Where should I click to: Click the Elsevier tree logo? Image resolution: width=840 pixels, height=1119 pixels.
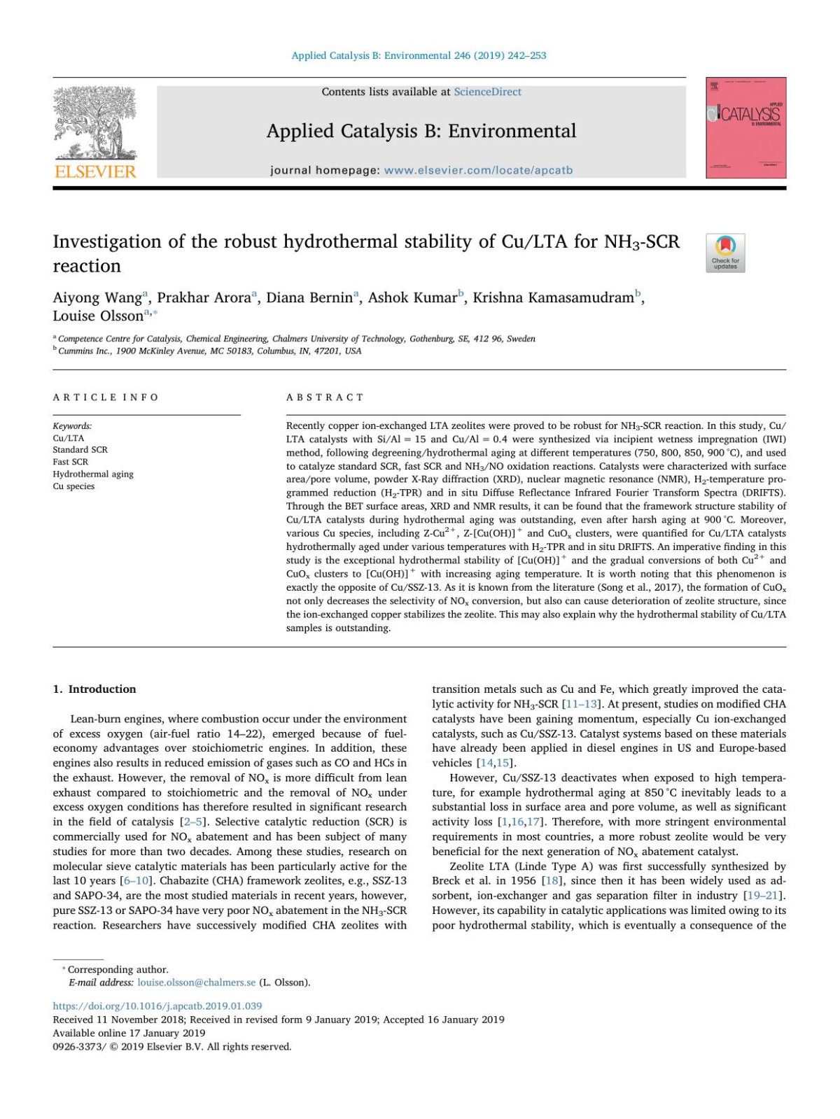point(96,122)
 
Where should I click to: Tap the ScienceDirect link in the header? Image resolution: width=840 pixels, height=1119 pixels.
point(487,92)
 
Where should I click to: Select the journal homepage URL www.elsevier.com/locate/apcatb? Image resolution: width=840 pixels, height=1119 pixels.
point(478,170)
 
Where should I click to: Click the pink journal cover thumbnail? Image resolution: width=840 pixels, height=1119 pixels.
point(745,127)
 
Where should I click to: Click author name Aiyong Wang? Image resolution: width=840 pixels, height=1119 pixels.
point(97,297)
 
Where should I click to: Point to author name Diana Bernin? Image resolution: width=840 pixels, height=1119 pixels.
point(309,297)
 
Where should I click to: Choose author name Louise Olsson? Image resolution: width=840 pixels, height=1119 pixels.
point(98,316)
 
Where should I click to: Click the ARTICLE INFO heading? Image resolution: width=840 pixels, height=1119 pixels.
point(106,397)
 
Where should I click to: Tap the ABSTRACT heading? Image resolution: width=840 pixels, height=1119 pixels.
point(325,397)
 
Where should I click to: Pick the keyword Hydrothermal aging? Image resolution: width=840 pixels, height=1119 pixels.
point(93,474)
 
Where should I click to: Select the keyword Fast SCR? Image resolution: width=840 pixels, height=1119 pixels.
point(71,462)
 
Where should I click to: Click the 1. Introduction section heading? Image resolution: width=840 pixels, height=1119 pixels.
point(94,689)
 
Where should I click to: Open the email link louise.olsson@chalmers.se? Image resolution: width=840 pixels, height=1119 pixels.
point(197,983)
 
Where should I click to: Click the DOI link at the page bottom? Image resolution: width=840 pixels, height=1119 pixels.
point(157,1006)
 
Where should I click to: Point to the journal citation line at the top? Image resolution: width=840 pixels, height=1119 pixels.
point(419,55)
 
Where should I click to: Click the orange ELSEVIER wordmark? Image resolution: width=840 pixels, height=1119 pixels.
point(95,171)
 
